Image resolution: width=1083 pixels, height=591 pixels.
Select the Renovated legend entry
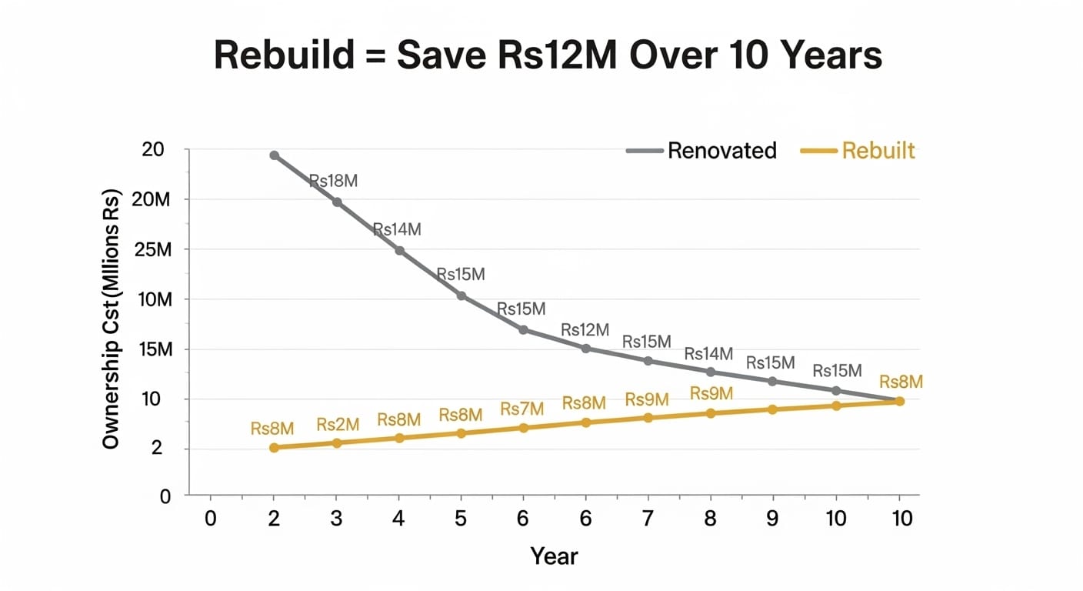721,150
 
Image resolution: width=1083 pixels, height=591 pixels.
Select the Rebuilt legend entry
878,150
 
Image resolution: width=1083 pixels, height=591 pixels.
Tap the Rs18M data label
333,182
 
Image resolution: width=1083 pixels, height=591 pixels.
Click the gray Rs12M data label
585,330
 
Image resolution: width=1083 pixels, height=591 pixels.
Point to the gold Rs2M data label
338,424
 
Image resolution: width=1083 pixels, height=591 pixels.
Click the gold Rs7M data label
522,409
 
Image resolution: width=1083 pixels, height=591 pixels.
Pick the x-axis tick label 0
211,519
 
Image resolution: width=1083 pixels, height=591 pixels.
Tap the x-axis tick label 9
772,519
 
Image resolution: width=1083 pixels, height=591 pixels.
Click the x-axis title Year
554,556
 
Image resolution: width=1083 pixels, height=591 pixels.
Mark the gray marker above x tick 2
274,155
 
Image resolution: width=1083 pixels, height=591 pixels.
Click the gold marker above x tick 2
274,447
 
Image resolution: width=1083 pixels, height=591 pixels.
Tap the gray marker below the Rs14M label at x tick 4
399,251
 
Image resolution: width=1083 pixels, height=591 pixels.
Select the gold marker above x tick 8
710,413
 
